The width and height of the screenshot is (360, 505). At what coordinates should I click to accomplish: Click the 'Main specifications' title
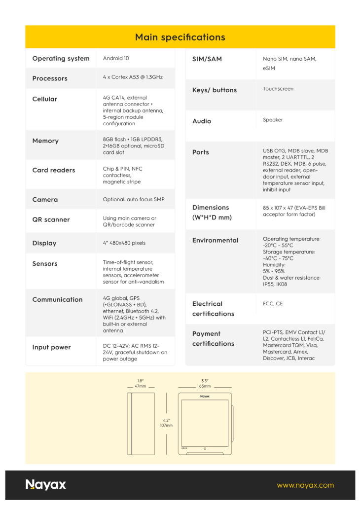coord(180,37)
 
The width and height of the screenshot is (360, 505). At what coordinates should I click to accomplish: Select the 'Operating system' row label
coord(61,59)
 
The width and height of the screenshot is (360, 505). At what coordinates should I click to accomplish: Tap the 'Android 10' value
coord(116,58)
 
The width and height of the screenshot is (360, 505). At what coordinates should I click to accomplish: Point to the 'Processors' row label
coord(50,78)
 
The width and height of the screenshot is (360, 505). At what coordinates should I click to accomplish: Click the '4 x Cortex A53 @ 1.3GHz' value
coord(133,77)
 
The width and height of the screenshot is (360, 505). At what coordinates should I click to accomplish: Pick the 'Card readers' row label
coord(54,170)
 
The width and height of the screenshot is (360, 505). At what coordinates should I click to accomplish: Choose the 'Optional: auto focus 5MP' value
coord(134,199)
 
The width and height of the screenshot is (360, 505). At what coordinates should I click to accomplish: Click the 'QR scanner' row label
coord(51,219)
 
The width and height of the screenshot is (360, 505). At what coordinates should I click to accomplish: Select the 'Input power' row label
coord(51,347)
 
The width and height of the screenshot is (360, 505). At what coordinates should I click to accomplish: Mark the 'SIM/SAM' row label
coord(207,59)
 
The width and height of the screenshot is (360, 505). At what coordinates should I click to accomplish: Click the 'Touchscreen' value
coord(278,89)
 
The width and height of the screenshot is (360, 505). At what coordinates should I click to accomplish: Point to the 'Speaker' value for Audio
coord(273,120)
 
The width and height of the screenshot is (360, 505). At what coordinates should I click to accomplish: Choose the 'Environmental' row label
coord(215,240)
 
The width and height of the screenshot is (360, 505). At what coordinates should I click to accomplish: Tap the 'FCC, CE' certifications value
coord(273,304)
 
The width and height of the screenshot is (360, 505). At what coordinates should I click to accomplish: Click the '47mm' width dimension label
coord(141,386)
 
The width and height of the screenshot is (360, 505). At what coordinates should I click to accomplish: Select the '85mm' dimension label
coord(205,386)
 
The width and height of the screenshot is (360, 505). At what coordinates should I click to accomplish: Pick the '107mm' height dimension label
coord(166,425)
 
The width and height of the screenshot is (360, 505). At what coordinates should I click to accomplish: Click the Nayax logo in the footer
coord(46,485)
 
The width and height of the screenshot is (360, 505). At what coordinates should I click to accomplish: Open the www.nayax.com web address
coord(305,485)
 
